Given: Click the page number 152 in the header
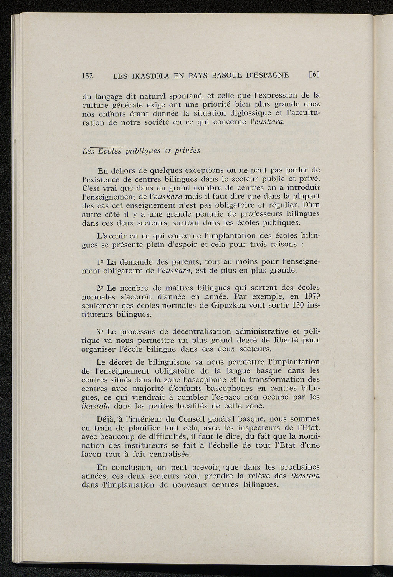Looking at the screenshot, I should [x=88, y=75].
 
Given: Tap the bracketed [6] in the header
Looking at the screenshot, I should [x=314, y=75].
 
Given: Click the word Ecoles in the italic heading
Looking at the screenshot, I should [x=110, y=151].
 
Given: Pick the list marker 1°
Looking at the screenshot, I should [x=101, y=262].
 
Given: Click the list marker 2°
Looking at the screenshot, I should [x=101, y=288].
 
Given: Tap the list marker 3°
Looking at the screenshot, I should [x=101, y=331].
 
